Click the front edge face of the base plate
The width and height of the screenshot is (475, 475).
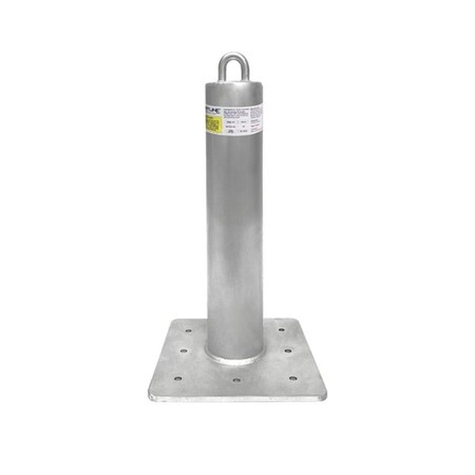click(237, 397)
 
